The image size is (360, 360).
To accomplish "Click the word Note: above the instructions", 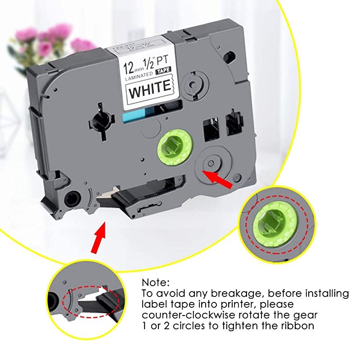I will (156, 283).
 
